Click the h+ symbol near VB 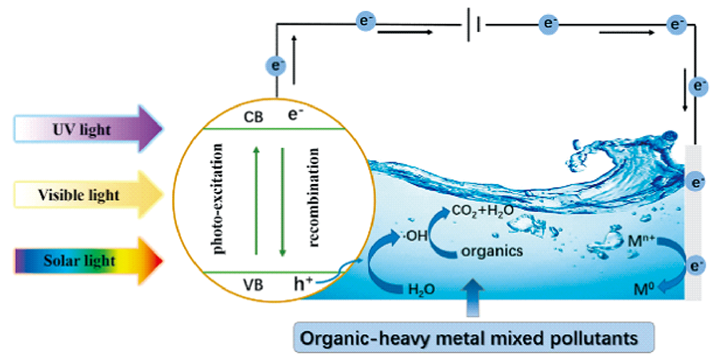302,284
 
